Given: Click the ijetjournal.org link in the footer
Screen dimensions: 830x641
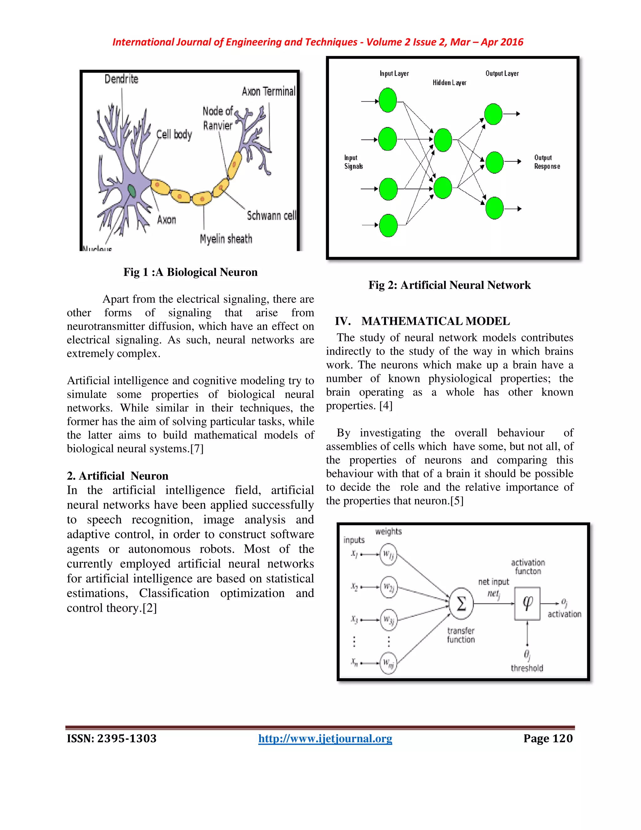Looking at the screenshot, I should [325, 739].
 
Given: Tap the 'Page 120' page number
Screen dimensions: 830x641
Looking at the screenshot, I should [548, 739].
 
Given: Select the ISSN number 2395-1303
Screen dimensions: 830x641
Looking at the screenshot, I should [127, 739].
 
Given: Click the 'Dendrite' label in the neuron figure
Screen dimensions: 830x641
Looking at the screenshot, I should [121, 79].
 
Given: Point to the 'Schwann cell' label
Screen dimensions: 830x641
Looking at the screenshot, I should [271, 215].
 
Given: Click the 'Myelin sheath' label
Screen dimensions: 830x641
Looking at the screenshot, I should [226, 239].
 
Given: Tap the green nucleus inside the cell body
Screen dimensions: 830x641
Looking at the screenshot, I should [131, 190].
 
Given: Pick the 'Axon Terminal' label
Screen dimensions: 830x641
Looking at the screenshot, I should [269, 91].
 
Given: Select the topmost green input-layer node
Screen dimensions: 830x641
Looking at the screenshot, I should [388, 100].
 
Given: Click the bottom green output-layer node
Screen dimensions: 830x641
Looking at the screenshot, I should [495, 208].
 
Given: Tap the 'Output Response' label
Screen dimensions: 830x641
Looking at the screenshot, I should [547, 162].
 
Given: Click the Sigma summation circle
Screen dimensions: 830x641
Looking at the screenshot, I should [461, 603].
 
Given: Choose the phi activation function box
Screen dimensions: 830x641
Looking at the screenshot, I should [527, 603].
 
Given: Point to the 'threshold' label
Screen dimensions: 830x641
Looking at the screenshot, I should [527, 668].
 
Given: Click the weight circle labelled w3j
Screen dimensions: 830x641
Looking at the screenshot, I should [388, 620].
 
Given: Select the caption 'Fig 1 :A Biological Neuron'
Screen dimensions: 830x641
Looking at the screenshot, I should [190, 272].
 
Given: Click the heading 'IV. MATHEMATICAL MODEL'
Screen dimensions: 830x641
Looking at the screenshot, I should [422, 321].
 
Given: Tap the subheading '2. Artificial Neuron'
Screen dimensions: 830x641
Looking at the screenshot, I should [117, 476].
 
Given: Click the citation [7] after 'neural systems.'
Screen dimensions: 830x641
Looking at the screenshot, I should [197, 449].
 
